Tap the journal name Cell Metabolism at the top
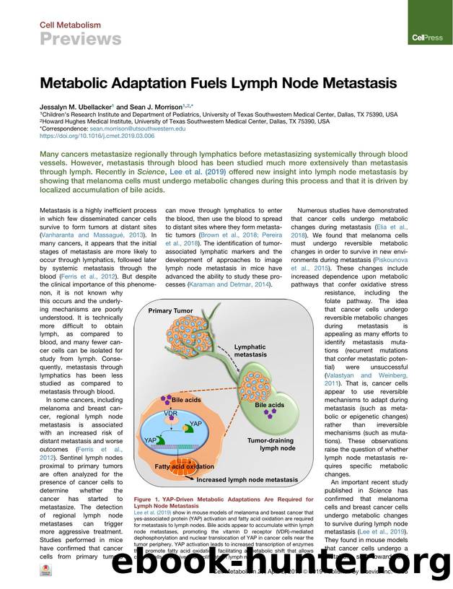click(70, 25)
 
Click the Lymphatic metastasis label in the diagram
click(250, 351)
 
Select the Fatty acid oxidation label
click(184, 467)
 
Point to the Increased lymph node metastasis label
click(247, 479)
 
